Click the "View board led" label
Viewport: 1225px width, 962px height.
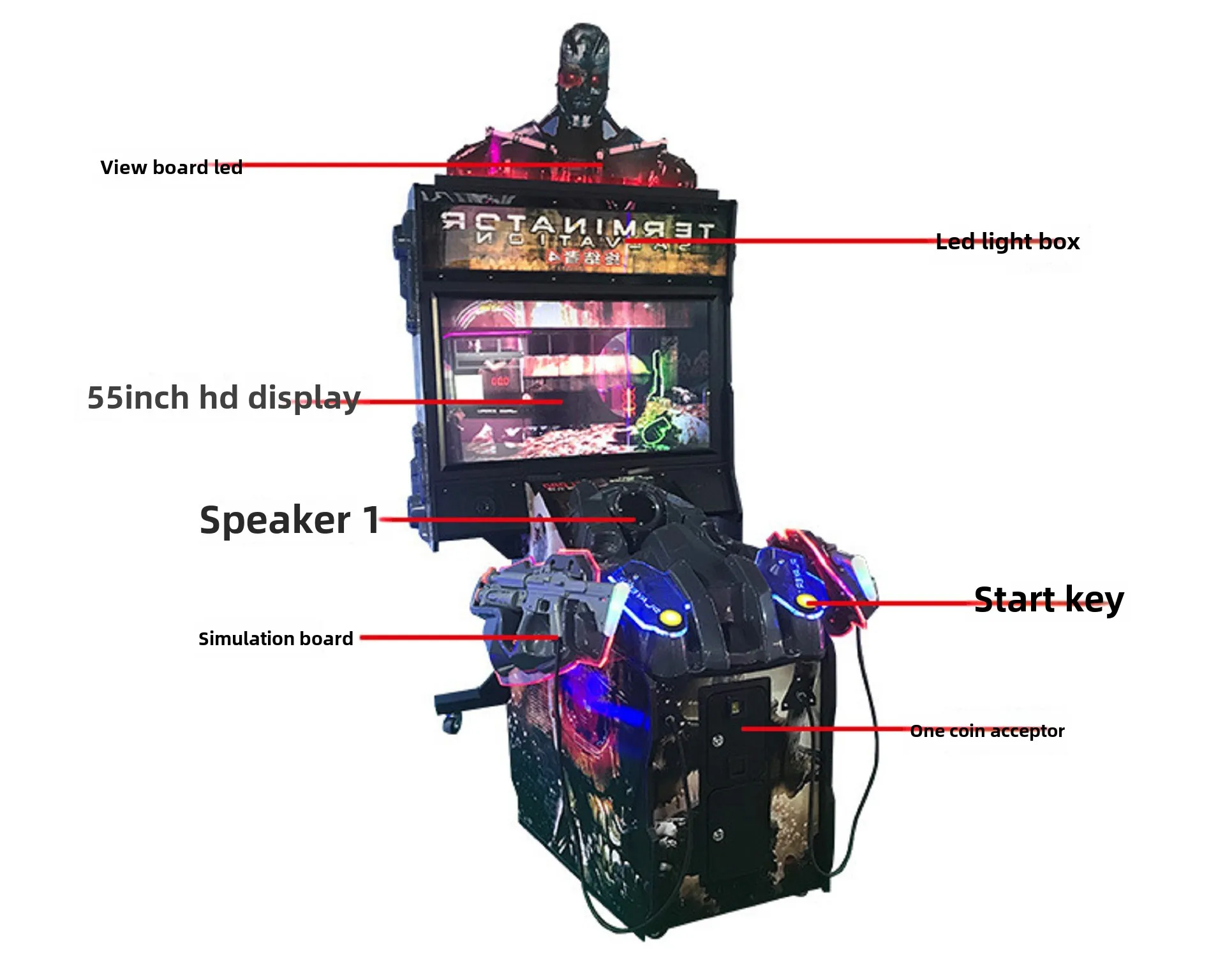[171, 167]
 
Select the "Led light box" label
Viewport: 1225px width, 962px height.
[1007, 242]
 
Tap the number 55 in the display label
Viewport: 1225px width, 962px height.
[104, 398]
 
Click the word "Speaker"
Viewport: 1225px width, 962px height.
[275, 520]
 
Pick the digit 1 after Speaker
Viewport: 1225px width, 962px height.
[371, 519]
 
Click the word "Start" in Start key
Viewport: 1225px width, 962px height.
[1014, 600]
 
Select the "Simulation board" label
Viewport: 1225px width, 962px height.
[276, 638]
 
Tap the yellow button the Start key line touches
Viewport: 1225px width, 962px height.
[806, 601]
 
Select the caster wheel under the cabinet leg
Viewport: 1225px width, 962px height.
[452, 723]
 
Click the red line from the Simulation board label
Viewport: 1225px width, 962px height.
[459, 637]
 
